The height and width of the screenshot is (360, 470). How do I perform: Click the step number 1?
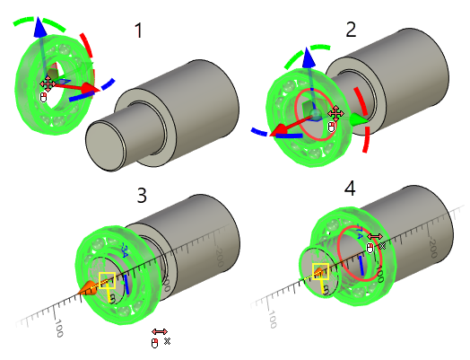click(138, 31)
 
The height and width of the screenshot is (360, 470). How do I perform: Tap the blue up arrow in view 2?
click(309, 59)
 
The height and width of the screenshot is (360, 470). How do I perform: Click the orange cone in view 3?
click(88, 288)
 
